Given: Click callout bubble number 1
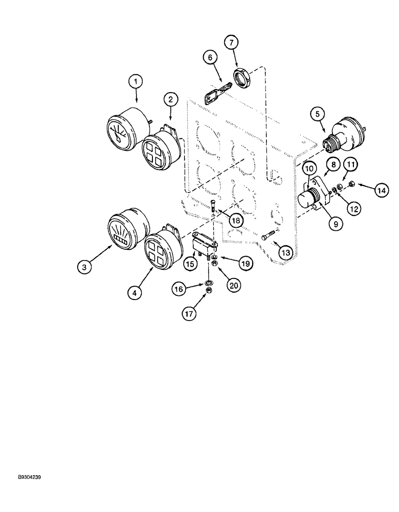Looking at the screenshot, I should click(136, 81).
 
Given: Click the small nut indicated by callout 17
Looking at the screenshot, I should click(209, 291).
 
